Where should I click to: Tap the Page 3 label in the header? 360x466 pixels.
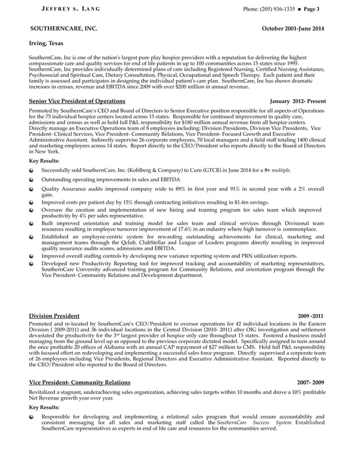tap(311, 9)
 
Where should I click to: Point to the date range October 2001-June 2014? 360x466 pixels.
tap(293, 28)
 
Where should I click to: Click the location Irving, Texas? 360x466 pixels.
tap(46, 43)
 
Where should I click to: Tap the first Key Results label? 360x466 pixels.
tap(44, 161)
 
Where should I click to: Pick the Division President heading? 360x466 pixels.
tap(54, 315)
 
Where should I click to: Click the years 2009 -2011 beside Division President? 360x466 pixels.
tap(311, 316)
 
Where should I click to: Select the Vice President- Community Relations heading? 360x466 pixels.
tap(80, 383)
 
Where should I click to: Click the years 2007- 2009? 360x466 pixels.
tap(311, 383)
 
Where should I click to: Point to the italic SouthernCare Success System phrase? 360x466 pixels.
tap(254, 422)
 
